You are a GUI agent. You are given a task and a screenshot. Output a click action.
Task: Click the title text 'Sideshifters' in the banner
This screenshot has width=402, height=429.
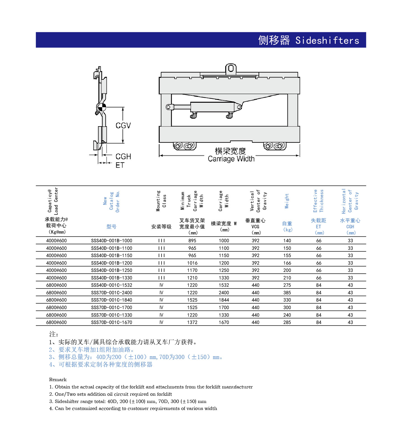point(327,40)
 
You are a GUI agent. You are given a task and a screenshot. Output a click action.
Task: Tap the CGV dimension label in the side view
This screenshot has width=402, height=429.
point(123,126)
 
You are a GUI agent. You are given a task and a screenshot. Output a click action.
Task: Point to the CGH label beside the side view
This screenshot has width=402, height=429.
point(123,156)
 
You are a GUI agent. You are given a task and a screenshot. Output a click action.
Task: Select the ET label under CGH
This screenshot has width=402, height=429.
point(120,165)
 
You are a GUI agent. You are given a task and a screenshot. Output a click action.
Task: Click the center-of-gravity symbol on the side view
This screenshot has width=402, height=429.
point(101,107)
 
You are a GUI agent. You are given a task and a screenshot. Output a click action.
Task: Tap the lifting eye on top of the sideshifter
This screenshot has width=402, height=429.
point(231,69)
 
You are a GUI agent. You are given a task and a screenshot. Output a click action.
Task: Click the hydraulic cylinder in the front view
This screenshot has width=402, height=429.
point(212,107)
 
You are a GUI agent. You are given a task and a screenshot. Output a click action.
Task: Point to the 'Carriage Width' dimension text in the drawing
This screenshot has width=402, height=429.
point(231,159)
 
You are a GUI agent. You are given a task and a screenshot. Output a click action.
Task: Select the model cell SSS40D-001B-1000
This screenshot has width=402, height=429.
point(112,241)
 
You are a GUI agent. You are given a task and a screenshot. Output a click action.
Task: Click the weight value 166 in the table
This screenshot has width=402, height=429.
point(287,263)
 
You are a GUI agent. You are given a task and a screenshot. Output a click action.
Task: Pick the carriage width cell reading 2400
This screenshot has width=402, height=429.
point(224,293)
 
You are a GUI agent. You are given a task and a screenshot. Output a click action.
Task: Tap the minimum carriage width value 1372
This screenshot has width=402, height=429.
point(192,322)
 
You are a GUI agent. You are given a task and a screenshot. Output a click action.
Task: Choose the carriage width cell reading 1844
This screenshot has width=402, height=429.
point(224,300)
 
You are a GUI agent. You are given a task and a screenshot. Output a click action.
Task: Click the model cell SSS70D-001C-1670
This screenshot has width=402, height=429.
point(112,322)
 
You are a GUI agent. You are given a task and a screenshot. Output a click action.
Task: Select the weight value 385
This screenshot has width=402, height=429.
point(287,293)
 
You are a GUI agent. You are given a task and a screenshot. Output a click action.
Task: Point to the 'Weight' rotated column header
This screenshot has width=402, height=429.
point(287,201)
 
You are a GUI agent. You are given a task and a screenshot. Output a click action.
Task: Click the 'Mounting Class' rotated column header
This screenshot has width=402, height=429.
point(161,201)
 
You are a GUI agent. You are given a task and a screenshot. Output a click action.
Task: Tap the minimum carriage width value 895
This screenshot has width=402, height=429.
point(192,241)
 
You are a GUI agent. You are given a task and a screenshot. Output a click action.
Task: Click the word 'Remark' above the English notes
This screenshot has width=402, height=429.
point(58,379)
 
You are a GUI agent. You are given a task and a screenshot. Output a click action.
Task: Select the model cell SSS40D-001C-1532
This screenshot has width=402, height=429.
point(112,285)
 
